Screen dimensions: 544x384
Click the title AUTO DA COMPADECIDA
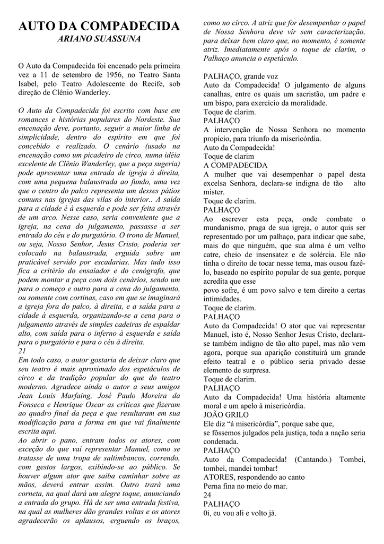pyautogui.click(x=99, y=27)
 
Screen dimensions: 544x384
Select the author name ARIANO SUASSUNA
pyautogui.click(x=99, y=40)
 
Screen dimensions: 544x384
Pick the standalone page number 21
pyautogui.click(x=22, y=351)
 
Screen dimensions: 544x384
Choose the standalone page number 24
pyautogui.click(x=207, y=495)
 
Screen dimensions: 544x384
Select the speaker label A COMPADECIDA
pyautogui.click(x=235, y=165)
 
